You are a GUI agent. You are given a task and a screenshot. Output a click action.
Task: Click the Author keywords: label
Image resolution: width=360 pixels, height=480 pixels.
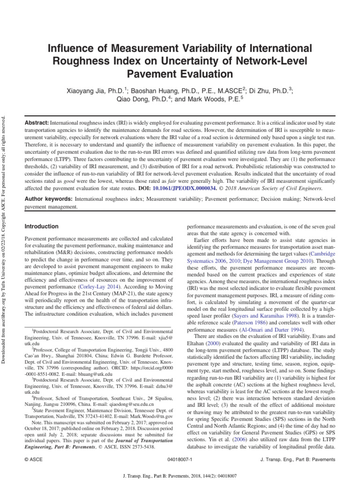coord(48,199)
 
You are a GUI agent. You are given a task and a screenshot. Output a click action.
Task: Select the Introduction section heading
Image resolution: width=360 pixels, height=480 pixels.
coord(42,226)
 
